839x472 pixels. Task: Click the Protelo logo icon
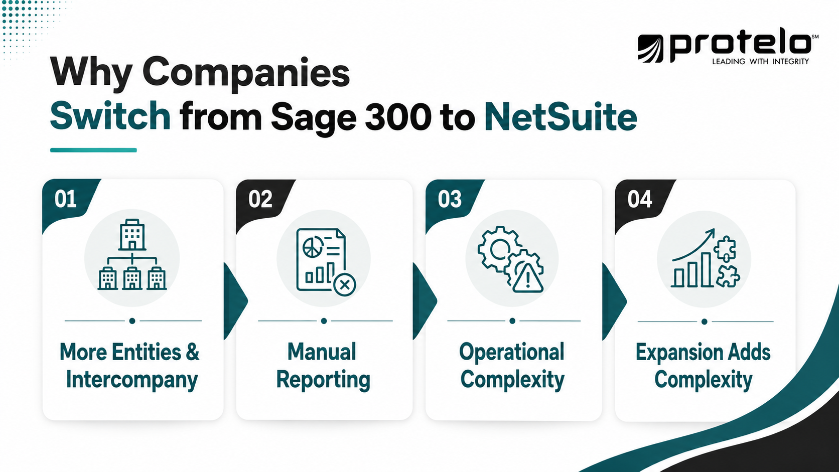tap(650, 48)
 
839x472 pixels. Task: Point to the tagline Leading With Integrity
tap(760, 61)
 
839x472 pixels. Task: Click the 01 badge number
tap(66, 199)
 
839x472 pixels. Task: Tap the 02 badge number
tap(260, 199)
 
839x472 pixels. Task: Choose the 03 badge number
tap(450, 199)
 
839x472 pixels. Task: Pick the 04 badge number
tap(640, 199)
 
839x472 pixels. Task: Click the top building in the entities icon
tap(132, 235)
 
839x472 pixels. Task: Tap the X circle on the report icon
tap(345, 285)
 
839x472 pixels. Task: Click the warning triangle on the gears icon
tap(528, 278)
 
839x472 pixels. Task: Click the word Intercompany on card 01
tap(132, 380)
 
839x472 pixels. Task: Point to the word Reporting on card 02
tap(323, 380)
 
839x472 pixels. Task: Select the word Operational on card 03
tap(512, 353)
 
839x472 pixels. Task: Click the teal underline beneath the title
tap(93, 150)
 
